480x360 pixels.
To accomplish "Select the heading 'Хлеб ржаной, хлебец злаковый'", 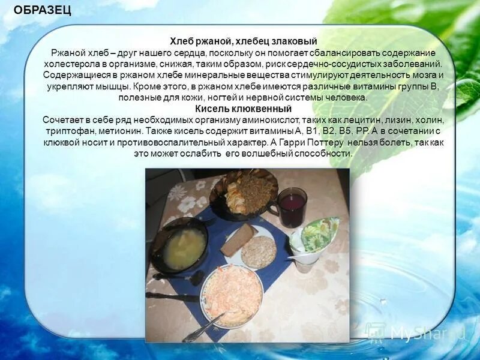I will point(243,41).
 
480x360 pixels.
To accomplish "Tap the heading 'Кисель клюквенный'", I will point(243,109).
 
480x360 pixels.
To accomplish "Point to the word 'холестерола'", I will point(67,64).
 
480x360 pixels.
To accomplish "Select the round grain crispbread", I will point(258,251).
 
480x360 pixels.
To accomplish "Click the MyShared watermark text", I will point(420,332).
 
